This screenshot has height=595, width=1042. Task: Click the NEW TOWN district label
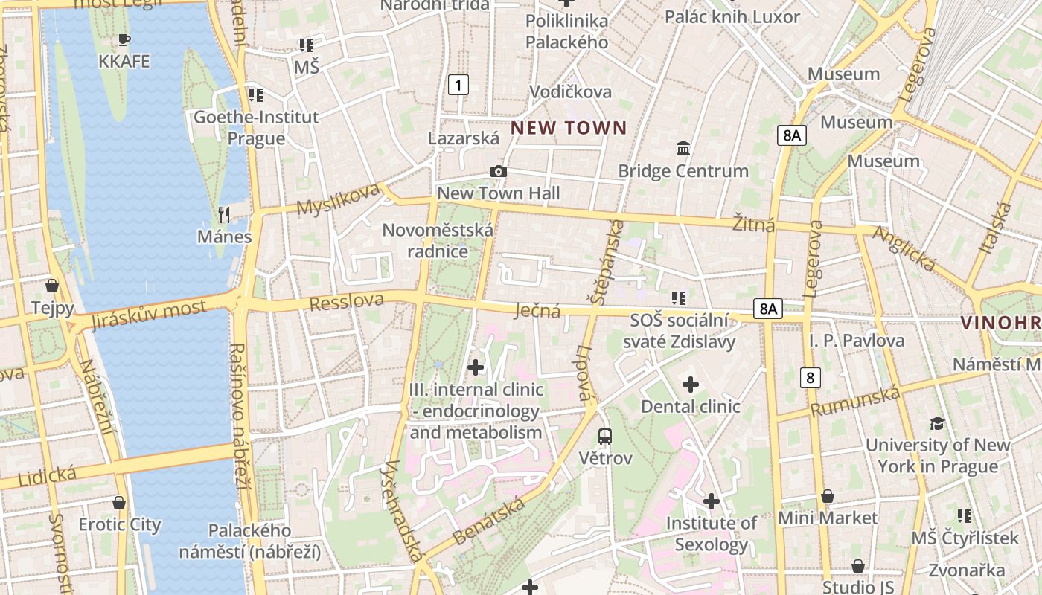click(x=569, y=128)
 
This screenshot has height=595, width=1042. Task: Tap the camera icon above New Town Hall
click(x=499, y=172)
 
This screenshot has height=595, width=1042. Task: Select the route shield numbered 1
click(x=458, y=85)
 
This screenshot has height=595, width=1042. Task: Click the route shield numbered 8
click(x=811, y=377)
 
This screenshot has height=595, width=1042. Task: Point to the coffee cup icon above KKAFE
click(x=124, y=39)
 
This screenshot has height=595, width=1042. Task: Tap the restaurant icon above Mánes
click(x=224, y=215)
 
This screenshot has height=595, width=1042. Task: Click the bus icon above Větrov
click(x=605, y=436)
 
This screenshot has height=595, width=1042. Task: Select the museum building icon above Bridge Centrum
click(x=683, y=149)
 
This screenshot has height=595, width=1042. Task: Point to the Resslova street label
click(x=346, y=302)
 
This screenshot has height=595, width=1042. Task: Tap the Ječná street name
click(x=537, y=311)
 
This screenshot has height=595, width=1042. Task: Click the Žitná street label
click(x=752, y=224)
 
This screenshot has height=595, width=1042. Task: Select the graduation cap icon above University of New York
click(x=937, y=423)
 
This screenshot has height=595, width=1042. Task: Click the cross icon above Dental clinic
click(x=691, y=385)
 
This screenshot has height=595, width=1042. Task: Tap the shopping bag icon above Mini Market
click(x=828, y=496)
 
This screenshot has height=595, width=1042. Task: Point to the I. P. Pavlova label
click(x=857, y=341)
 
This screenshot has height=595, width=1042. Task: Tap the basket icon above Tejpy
click(x=52, y=286)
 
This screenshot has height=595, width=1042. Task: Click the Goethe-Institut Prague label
click(x=256, y=127)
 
